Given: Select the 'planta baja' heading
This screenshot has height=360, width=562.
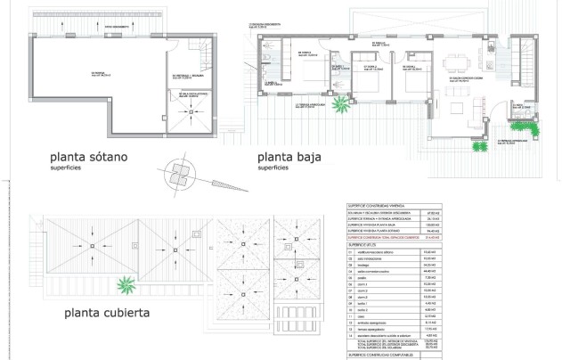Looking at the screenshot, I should pos(289,157).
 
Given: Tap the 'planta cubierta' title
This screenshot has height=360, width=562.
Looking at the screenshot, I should pos(105,313).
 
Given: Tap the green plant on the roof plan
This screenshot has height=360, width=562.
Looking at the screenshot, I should pos(129,286).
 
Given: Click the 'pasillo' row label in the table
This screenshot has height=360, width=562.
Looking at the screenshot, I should pos(366,278).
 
